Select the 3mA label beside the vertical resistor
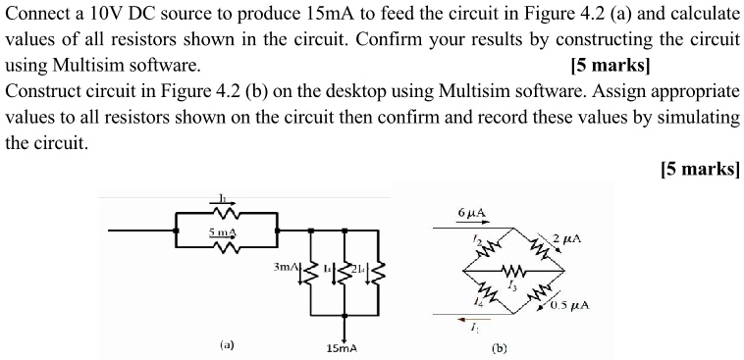pyautogui.click(x=286, y=266)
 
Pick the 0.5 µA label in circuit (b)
pyautogui.click(x=569, y=304)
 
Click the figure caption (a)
pyautogui.click(x=227, y=344)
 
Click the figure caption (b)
pyautogui.click(x=501, y=346)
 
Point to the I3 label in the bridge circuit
pyautogui.click(x=511, y=283)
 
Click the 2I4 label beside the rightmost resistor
pyautogui.click(x=359, y=268)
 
